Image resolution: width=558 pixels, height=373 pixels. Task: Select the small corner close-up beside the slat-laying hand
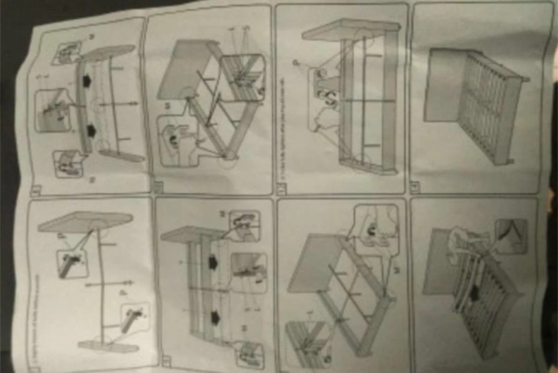511,233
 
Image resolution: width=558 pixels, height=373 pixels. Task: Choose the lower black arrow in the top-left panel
91,130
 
